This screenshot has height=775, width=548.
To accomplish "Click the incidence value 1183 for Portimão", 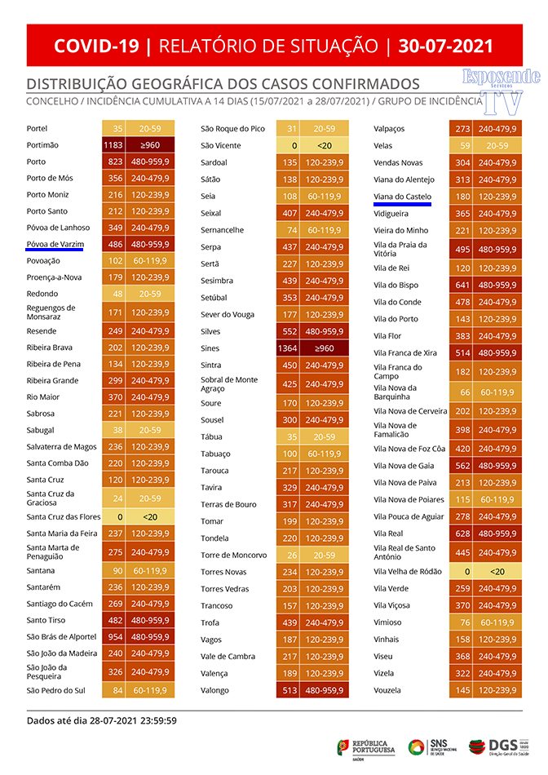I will coord(113,145).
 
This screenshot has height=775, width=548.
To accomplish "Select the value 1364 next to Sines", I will coord(288,348).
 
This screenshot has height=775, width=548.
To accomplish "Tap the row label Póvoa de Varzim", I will coord(50,244).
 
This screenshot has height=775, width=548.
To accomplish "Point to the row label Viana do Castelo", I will coord(402,197).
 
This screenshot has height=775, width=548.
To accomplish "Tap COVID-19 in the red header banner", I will coord(96,46).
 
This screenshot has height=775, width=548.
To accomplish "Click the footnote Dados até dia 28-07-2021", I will coord(102,720).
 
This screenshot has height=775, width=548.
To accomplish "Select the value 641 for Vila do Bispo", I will coord(463,286).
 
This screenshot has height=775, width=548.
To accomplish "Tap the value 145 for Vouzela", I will coord(463,690).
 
